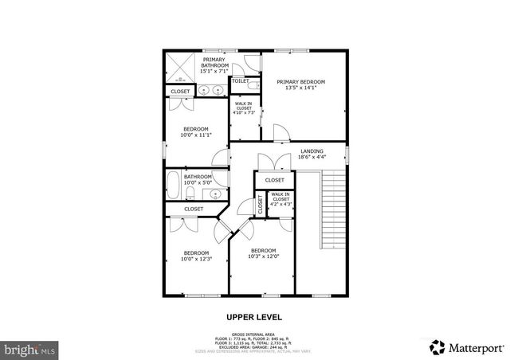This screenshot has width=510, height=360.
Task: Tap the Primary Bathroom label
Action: click(x=214, y=63)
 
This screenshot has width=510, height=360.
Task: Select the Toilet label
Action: click(x=240, y=81)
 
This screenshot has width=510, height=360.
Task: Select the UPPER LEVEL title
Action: click(x=255, y=316)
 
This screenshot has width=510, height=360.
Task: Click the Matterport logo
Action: click(x=469, y=346)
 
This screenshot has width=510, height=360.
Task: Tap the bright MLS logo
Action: click(x=30, y=349)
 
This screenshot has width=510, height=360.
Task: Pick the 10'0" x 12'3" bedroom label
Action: click(x=195, y=256)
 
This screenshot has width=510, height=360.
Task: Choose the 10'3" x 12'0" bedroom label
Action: click(x=262, y=253)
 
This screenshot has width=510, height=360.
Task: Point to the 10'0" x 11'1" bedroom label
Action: click(x=195, y=132)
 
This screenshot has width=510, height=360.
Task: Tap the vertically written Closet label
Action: click(x=260, y=205)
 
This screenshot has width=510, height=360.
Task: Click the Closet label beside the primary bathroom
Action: click(x=181, y=92)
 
